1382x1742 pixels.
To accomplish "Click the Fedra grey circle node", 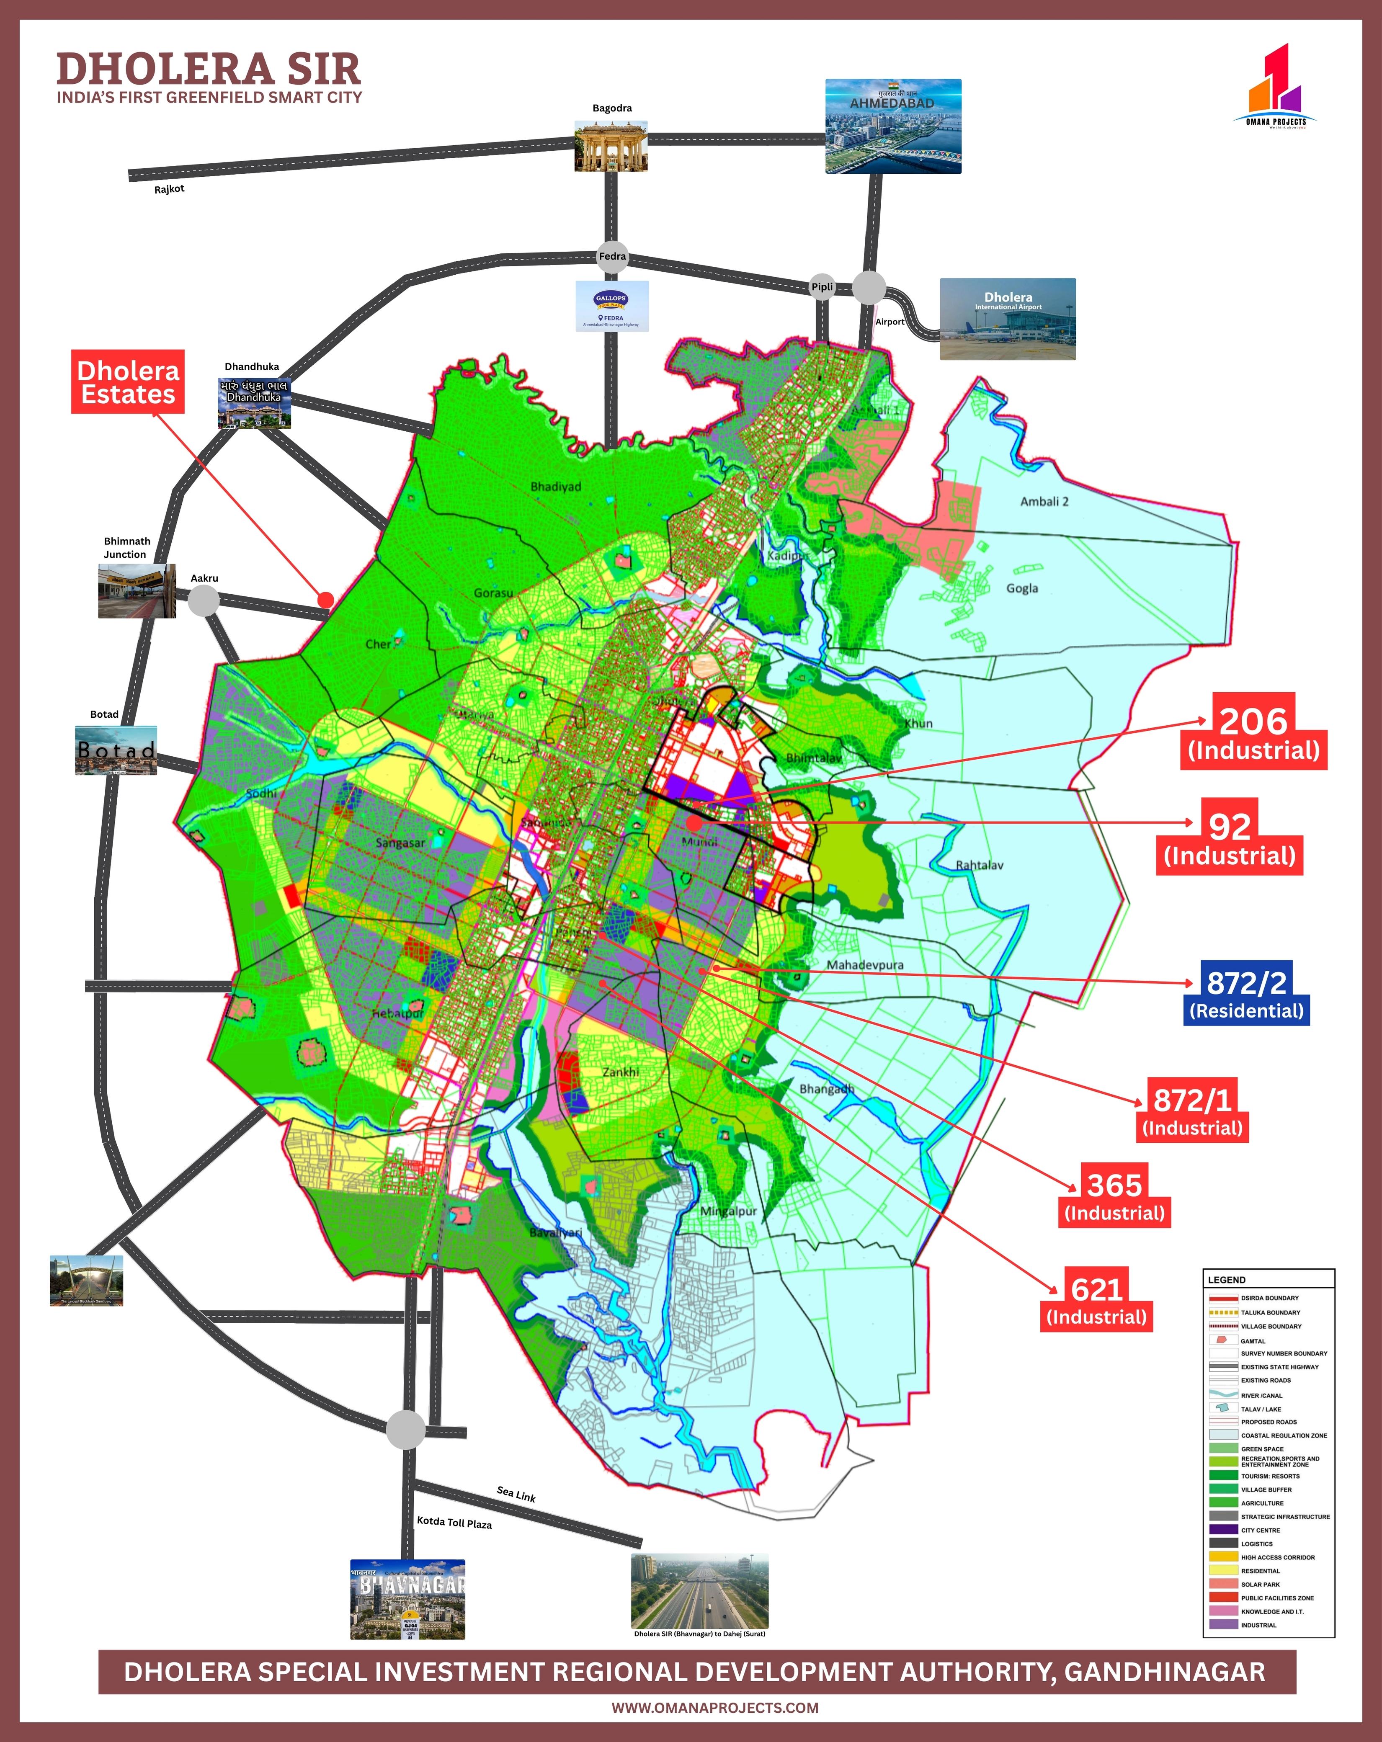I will tap(612, 256).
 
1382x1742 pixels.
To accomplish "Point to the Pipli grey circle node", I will tap(822, 287).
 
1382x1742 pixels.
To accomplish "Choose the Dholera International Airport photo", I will tap(1008, 319).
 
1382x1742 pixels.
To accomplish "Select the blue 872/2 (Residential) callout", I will tap(1246, 993).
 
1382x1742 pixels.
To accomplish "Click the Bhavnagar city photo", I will tap(408, 1599).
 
